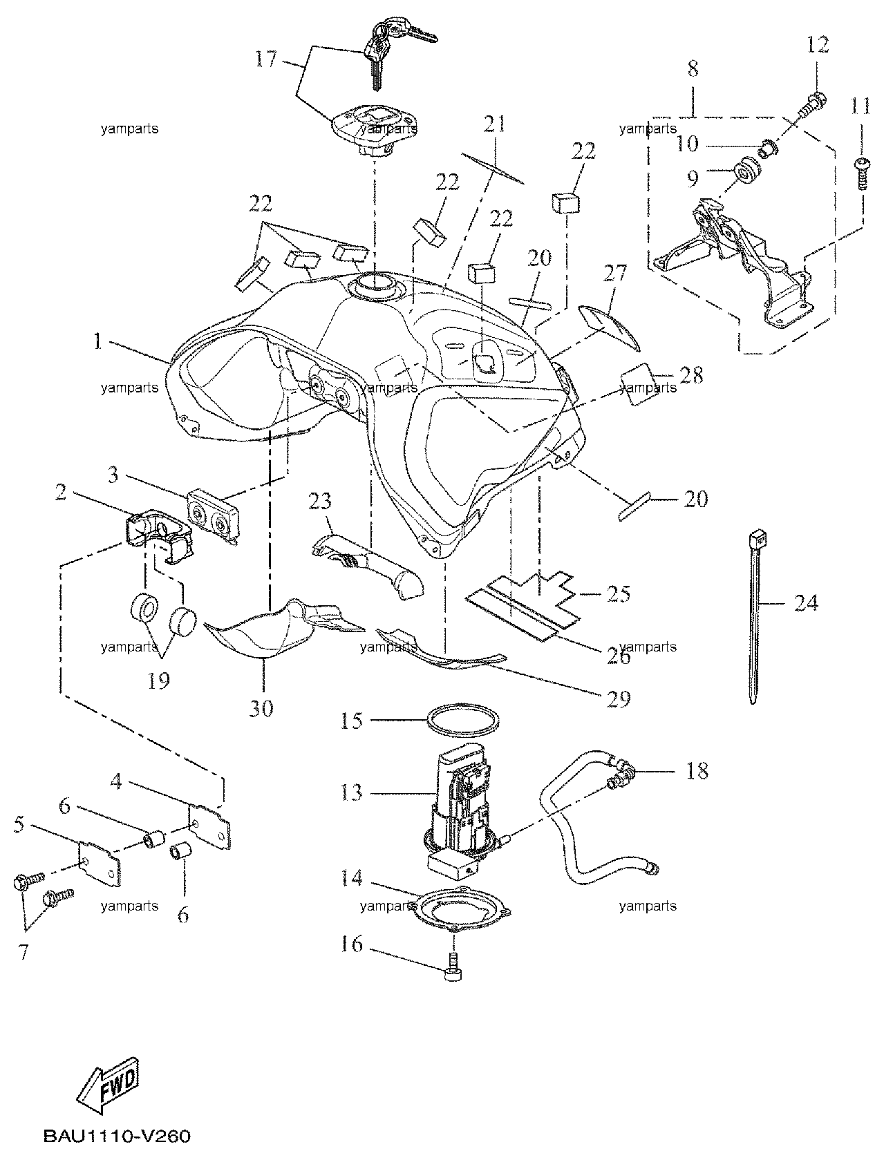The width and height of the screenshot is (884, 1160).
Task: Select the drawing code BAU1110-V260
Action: [117, 1135]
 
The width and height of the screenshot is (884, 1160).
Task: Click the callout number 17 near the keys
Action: [266, 59]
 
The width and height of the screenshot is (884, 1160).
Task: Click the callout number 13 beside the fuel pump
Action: [352, 792]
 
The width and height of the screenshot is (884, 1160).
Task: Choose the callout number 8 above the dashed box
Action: [693, 68]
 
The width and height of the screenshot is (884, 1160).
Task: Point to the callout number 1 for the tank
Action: [97, 342]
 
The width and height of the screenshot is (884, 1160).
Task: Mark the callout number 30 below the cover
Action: [261, 709]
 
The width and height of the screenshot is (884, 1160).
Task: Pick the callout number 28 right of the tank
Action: [692, 375]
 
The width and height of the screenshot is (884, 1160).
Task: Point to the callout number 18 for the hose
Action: [697, 771]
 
